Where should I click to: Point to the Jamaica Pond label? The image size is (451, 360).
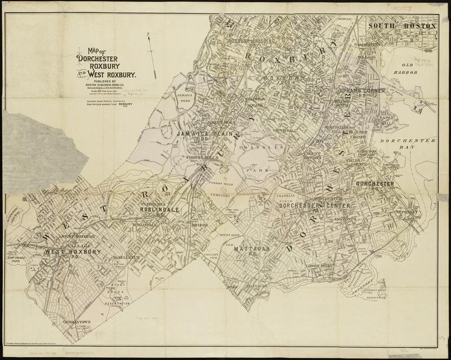(169, 99)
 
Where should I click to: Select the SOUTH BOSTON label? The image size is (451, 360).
(402, 26)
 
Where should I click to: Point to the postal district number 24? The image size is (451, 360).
(330, 242)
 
